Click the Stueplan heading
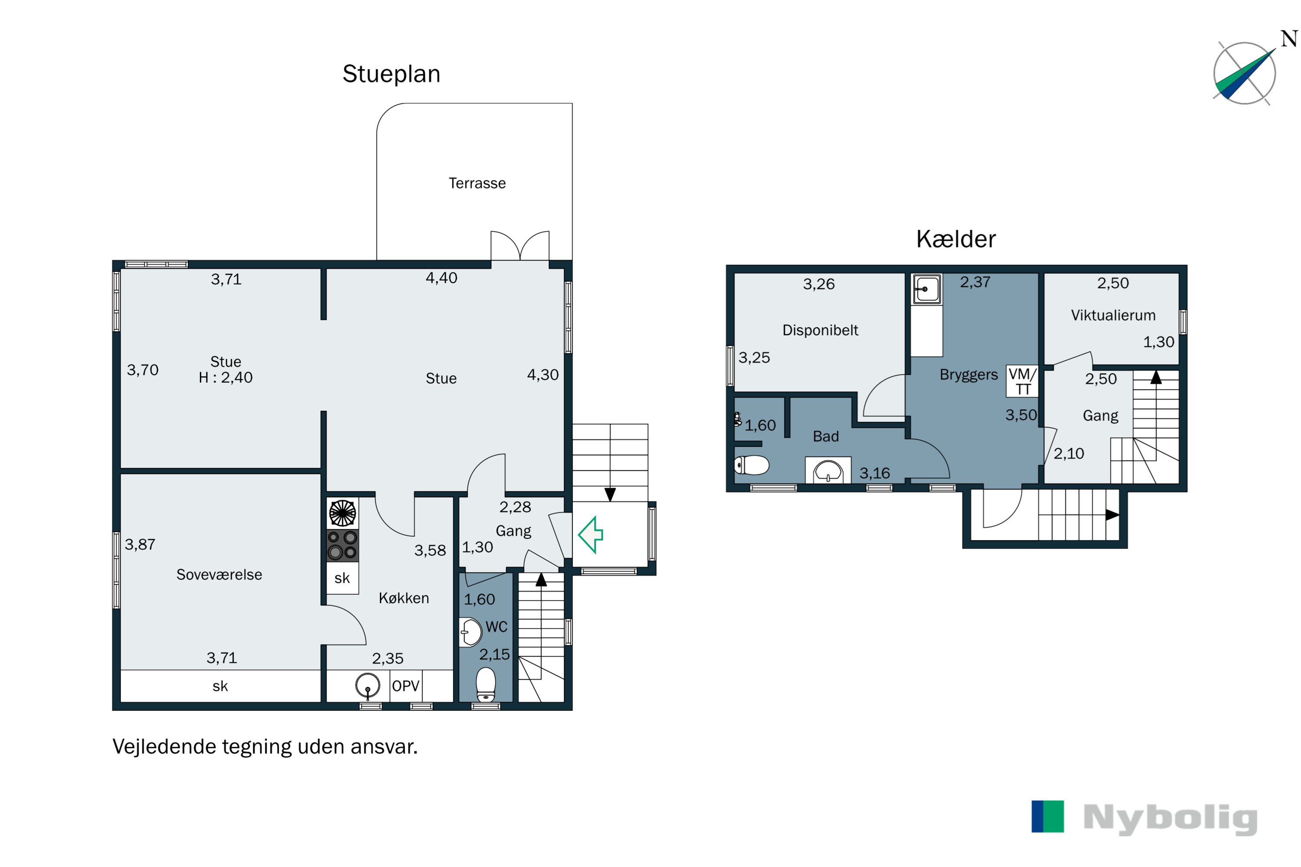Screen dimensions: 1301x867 (x=391, y=74)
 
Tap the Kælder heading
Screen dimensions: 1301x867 (x=956, y=239)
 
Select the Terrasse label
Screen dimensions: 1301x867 (x=477, y=183)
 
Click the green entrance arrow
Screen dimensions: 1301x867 (x=590, y=535)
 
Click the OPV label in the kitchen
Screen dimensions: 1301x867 (x=405, y=686)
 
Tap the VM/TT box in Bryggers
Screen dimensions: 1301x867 (x=1022, y=381)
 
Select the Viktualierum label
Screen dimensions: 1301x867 (x=1113, y=315)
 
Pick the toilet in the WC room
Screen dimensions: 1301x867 (x=486, y=684)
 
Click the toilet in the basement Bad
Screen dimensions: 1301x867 (x=751, y=465)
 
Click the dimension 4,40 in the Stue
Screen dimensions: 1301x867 (x=441, y=277)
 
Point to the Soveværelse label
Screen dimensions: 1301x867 (x=219, y=574)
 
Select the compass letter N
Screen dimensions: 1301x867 (x=1289, y=39)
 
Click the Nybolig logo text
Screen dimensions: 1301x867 (x=1170, y=818)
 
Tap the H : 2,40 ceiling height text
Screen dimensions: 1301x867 (x=225, y=378)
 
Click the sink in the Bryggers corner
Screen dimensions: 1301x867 (x=926, y=289)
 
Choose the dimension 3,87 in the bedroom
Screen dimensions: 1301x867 (x=140, y=544)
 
